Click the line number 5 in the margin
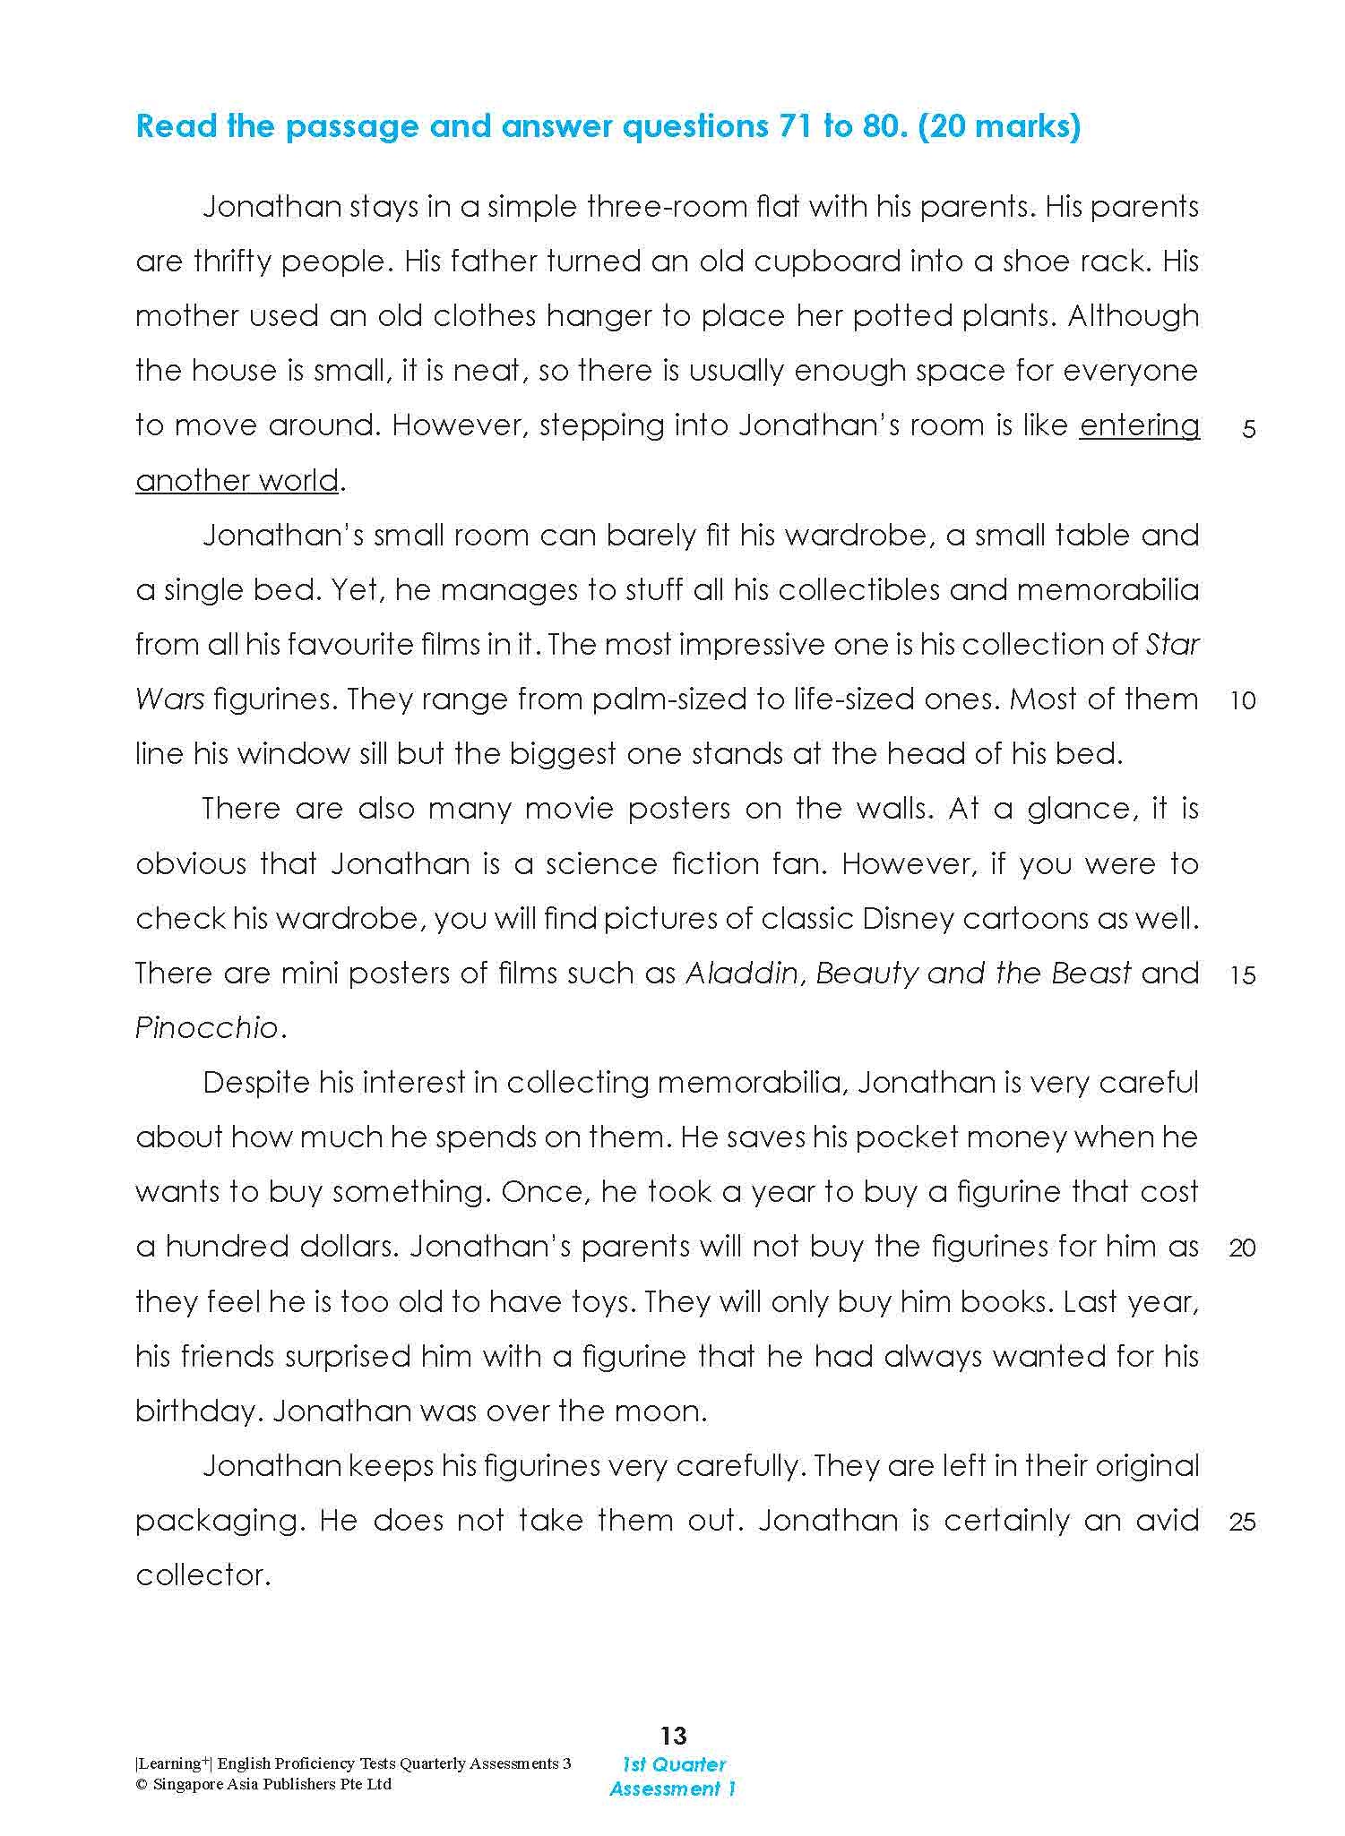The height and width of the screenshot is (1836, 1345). (x=1249, y=430)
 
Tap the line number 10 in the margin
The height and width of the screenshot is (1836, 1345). (x=1243, y=701)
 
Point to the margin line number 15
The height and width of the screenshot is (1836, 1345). (x=1243, y=975)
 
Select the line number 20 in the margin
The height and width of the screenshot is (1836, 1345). (x=1243, y=1248)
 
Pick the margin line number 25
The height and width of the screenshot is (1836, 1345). (x=1243, y=1523)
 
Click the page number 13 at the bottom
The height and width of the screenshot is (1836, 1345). (x=673, y=1736)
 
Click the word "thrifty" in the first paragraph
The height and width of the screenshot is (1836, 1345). (x=232, y=262)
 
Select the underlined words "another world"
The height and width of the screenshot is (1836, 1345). (x=237, y=481)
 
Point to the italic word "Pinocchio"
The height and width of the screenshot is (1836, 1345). (x=207, y=1028)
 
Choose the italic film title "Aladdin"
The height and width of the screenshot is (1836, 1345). (x=742, y=974)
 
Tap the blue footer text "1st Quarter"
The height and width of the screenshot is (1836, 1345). (x=674, y=1764)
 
